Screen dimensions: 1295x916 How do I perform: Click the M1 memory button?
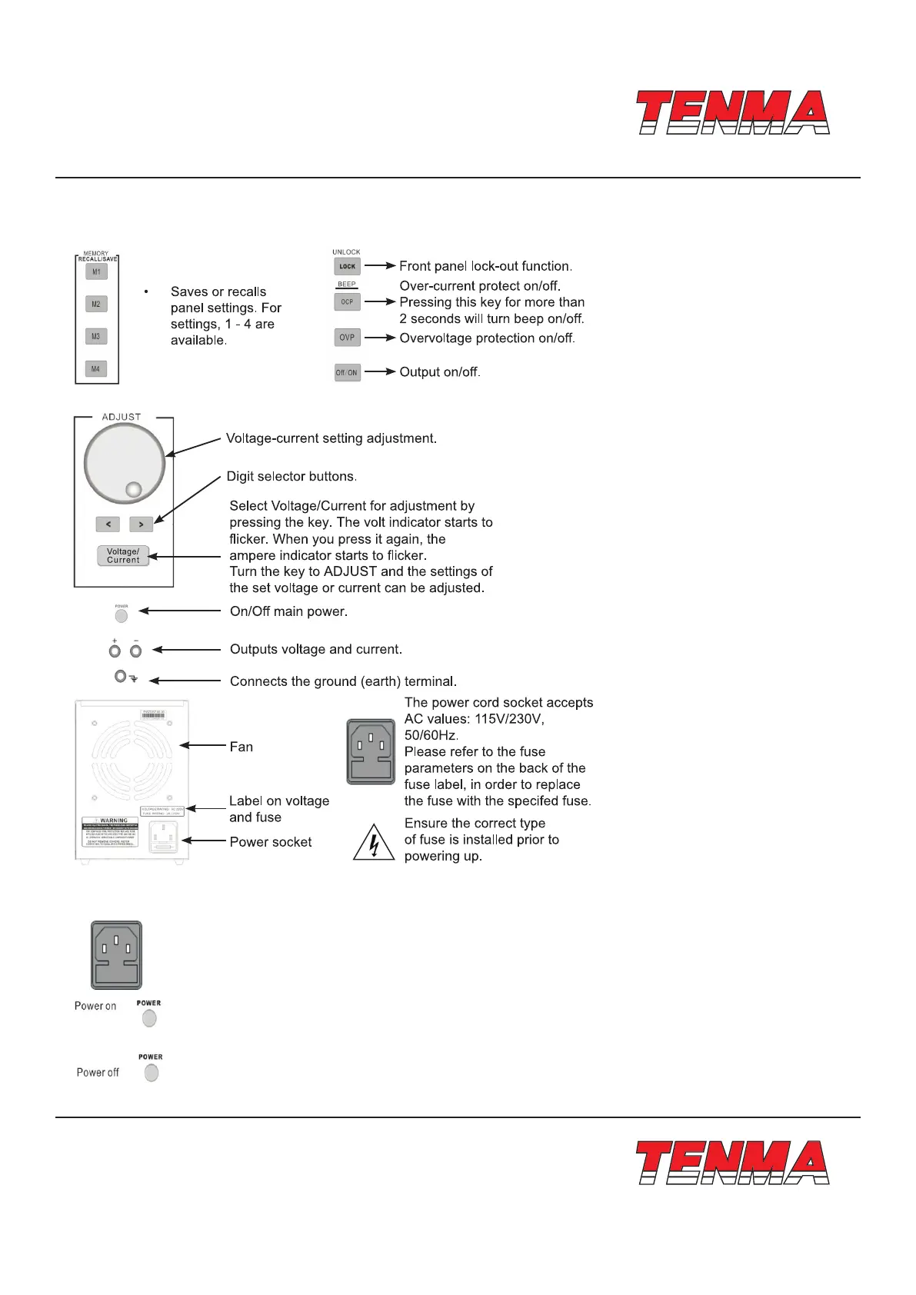(x=96, y=272)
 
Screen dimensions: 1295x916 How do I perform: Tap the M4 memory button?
(x=96, y=369)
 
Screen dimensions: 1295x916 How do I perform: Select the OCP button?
(x=347, y=302)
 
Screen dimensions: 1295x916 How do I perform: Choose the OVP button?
(x=347, y=338)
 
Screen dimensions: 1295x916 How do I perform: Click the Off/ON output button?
(x=347, y=373)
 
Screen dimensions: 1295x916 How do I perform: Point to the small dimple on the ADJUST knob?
(x=133, y=489)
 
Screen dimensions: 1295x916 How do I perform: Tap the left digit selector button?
(x=108, y=524)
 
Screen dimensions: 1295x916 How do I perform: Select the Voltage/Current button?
(x=123, y=556)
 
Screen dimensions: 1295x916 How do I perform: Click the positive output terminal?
(x=115, y=651)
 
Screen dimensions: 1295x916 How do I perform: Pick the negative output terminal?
(x=136, y=651)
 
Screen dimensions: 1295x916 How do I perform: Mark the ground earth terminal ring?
(x=120, y=677)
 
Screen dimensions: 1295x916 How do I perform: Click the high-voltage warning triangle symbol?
(x=374, y=843)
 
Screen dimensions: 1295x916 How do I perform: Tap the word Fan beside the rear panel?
(x=241, y=747)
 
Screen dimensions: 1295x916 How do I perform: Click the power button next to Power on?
(x=149, y=1018)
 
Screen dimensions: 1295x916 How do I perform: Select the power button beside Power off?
(x=152, y=1073)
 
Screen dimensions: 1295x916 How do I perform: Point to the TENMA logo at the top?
(x=733, y=113)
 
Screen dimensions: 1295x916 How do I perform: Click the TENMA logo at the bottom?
(x=733, y=1163)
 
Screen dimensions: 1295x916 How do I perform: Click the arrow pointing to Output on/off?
(x=380, y=372)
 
